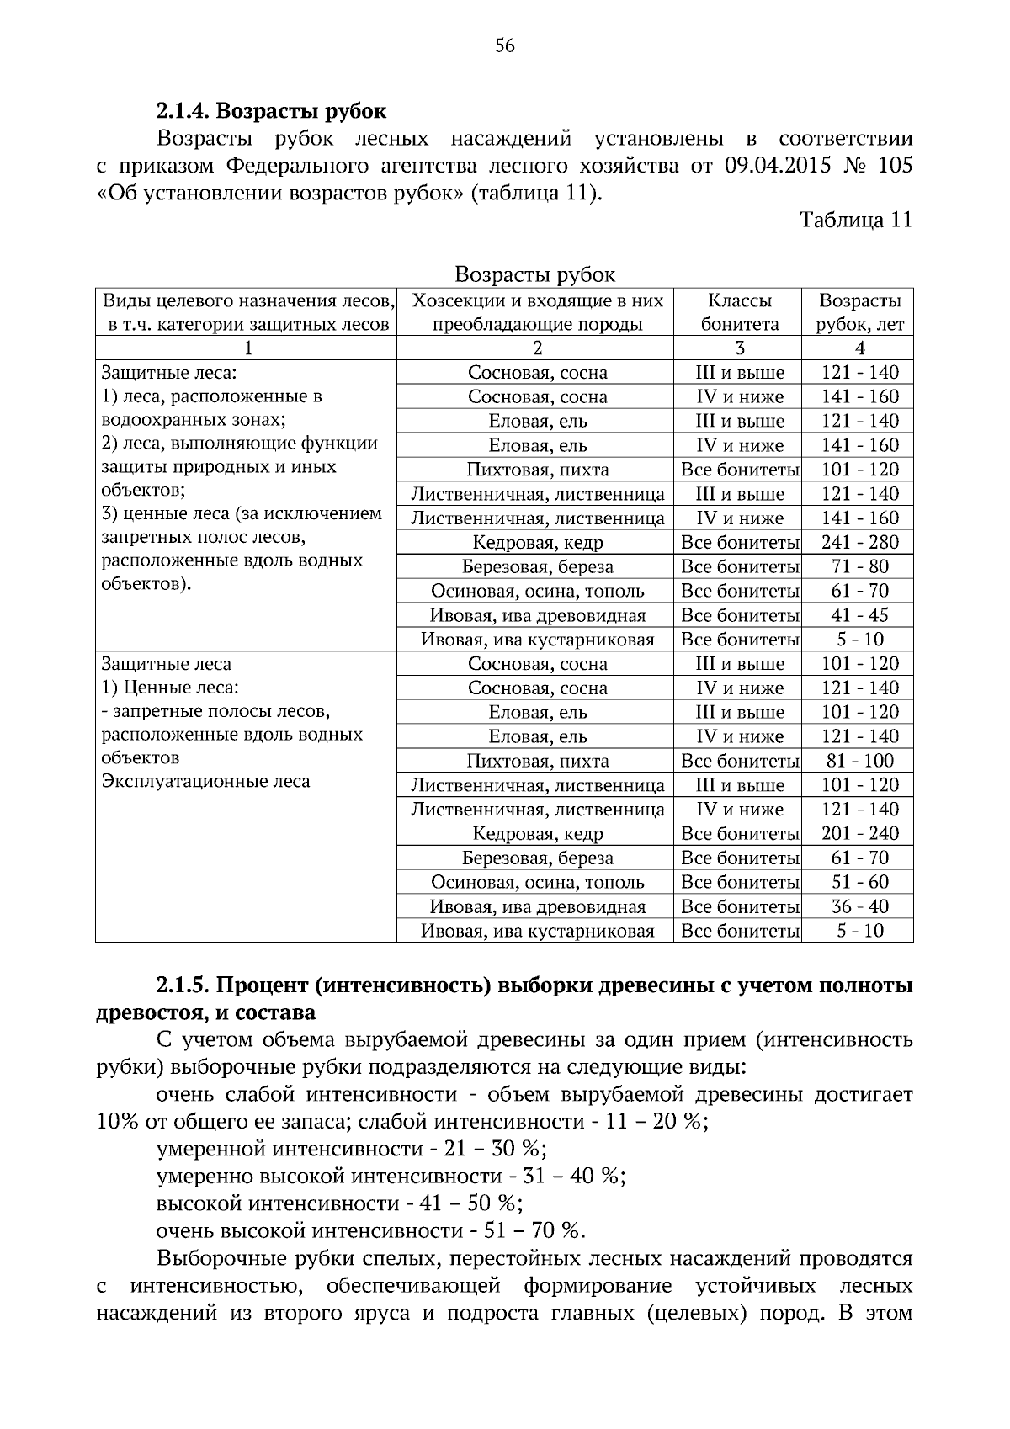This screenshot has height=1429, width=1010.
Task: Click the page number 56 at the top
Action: pos(505,46)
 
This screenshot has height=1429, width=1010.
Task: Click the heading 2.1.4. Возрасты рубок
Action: pos(271,111)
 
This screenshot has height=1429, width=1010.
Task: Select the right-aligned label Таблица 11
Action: pos(855,220)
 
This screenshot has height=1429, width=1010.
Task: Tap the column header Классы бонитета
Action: pos(739,312)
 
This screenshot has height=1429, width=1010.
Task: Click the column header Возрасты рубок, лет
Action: pos(859,312)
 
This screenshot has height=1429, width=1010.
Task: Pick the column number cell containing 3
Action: pos(739,348)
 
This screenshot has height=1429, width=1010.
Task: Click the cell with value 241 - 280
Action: pos(859,543)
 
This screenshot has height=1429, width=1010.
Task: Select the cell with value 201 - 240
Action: pos(859,834)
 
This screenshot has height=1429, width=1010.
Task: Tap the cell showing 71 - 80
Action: pos(859,567)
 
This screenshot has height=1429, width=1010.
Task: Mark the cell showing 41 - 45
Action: pos(859,616)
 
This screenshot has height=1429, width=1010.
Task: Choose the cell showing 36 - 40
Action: pos(859,907)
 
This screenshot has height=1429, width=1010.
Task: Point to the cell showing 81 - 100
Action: pos(859,762)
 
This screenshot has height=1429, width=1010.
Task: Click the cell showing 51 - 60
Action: pos(859,883)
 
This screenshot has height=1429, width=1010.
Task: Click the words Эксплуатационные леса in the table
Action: pos(205,782)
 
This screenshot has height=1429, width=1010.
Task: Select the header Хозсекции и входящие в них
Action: pos(537,301)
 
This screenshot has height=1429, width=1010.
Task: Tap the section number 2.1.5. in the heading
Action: pos(184,985)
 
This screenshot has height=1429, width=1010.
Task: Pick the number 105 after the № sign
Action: pos(894,165)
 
